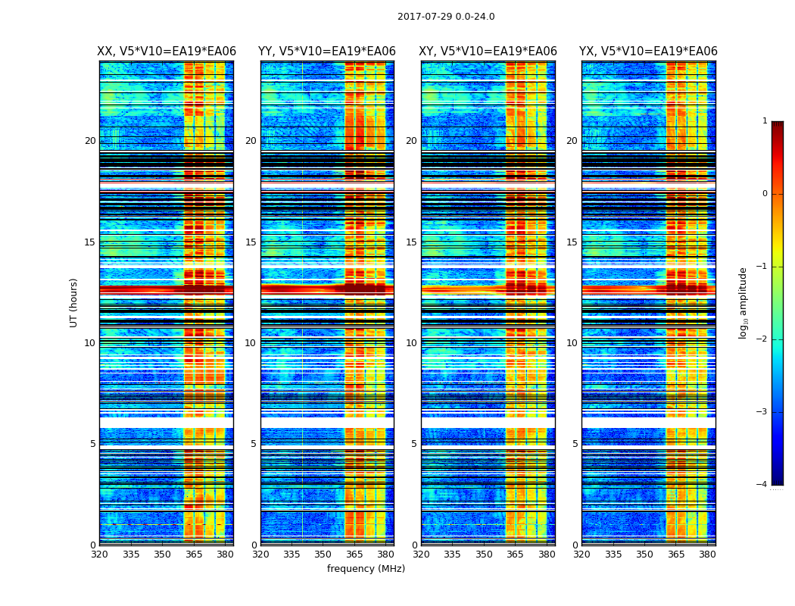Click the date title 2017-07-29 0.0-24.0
[x=446, y=17]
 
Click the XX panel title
[x=167, y=52]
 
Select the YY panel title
[x=327, y=52]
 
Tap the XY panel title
[x=488, y=52]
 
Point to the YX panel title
[x=648, y=52]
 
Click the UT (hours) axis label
[x=73, y=302]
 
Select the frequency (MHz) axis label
[x=366, y=569]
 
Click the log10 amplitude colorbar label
[x=744, y=302]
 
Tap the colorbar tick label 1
[x=764, y=121]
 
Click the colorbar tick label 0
[x=764, y=194]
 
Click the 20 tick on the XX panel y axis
[x=90, y=141]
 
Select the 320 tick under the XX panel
[x=99, y=554]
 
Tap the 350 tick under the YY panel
[x=323, y=554]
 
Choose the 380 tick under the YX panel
[x=707, y=554]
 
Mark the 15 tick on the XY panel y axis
[x=411, y=242]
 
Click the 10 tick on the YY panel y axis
[x=251, y=343]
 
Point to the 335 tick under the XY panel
[x=452, y=554]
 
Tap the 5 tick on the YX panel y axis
[x=575, y=444]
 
